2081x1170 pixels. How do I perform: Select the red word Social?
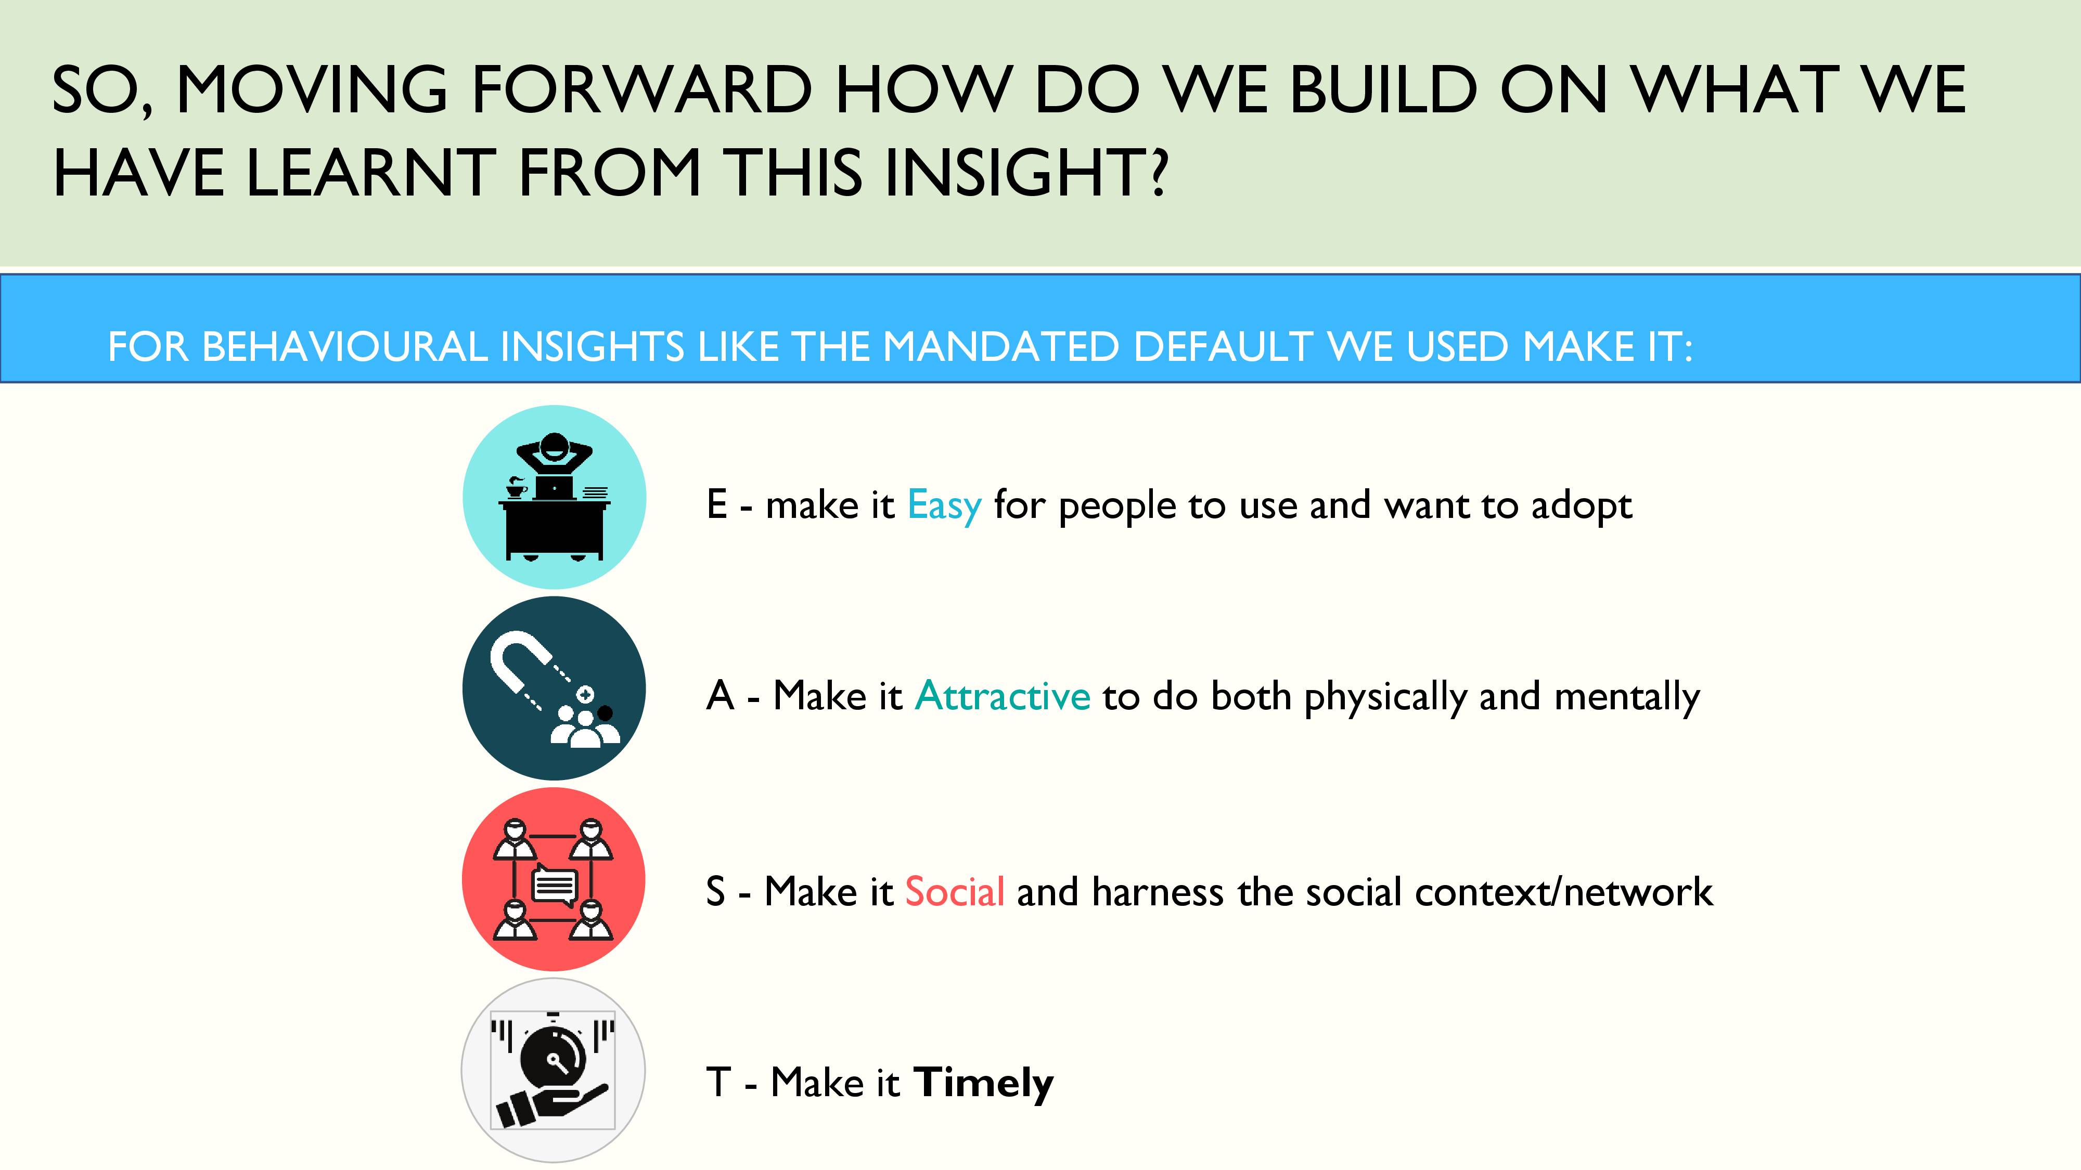click(x=955, y=891)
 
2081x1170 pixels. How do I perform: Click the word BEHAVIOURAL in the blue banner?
click(x=344, y=347)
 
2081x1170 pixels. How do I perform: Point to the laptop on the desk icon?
click(x=554, y=487)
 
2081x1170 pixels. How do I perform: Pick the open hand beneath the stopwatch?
click(x=549, y=1106)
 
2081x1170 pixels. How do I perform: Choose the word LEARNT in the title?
click(x=371, y=172)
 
